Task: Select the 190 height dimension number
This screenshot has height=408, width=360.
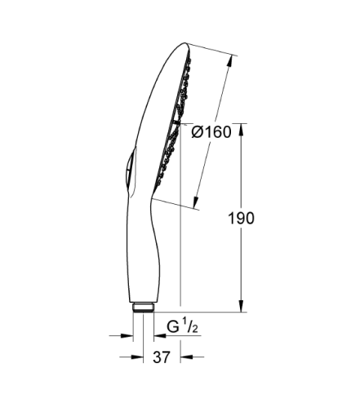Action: [242, 218]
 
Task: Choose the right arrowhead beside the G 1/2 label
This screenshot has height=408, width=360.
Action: [153, 335]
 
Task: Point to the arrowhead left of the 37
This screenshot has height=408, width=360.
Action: [127, 356]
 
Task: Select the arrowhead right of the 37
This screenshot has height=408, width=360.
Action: [185, 356]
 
